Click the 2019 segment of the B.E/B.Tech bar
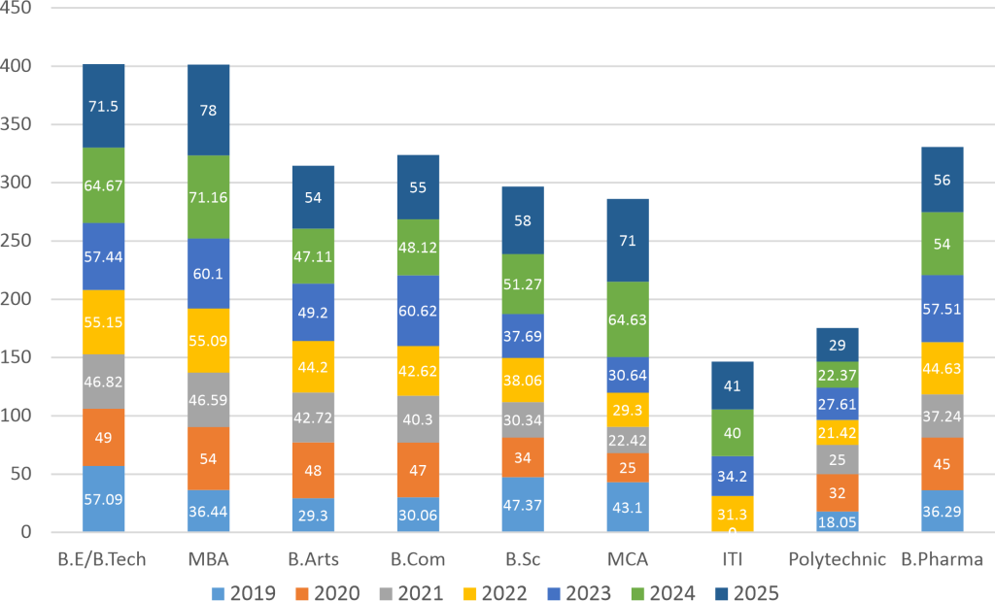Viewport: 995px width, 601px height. click(103, 499)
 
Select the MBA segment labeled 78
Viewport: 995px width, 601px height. click(208, 111)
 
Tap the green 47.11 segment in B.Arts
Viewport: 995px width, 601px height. click(313, 256)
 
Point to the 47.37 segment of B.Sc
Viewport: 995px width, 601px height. click(523, 505)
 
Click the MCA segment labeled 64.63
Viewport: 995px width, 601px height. click(628, 319)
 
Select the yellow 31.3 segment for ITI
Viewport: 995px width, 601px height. click(733, 515)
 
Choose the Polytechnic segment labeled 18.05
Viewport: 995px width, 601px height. click(838, 521)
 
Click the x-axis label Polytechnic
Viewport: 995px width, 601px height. click(838, 559)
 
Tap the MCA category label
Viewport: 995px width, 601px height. click(628, 559)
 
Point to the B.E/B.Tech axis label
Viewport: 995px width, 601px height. click(103, 559)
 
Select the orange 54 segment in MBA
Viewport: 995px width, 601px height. click(208, 458)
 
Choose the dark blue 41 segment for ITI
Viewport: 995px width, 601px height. click(733, 384)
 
